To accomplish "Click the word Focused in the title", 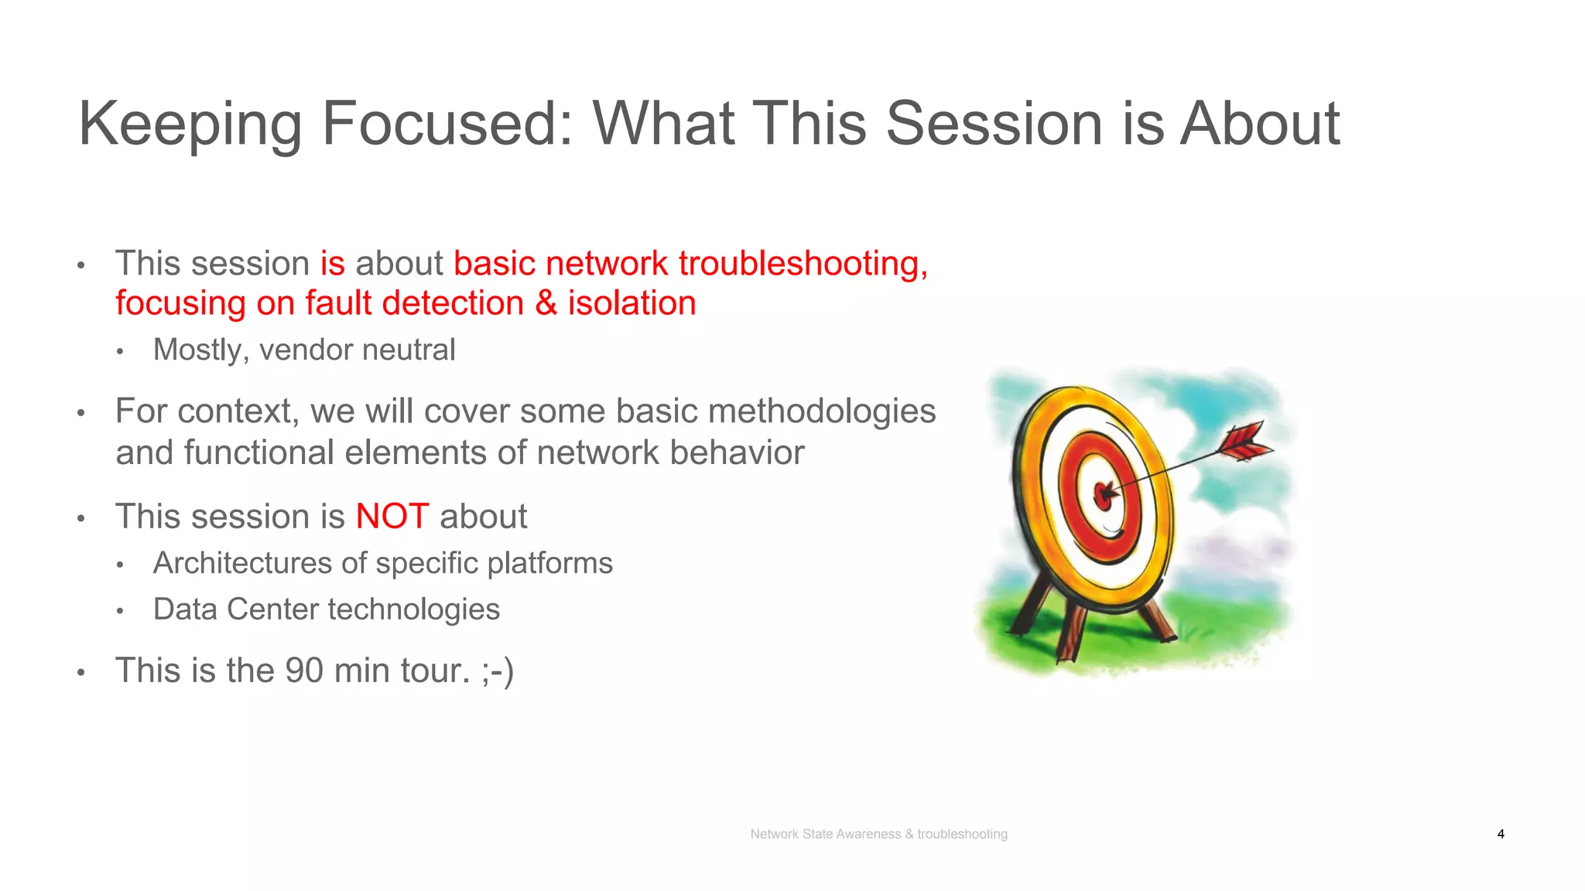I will [446, 124].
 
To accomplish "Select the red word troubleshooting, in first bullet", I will [803, 264].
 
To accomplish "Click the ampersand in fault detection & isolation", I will [546, 303].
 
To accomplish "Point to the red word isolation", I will [632, 303].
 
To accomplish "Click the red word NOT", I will [392, 516].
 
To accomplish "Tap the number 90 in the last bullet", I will [304, 671].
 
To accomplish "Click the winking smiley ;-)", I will [497, 671].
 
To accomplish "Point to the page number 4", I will [1501, 834].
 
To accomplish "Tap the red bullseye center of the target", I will [1104, 494].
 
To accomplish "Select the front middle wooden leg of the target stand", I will [1071, 630].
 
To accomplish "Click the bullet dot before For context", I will [80, 413].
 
